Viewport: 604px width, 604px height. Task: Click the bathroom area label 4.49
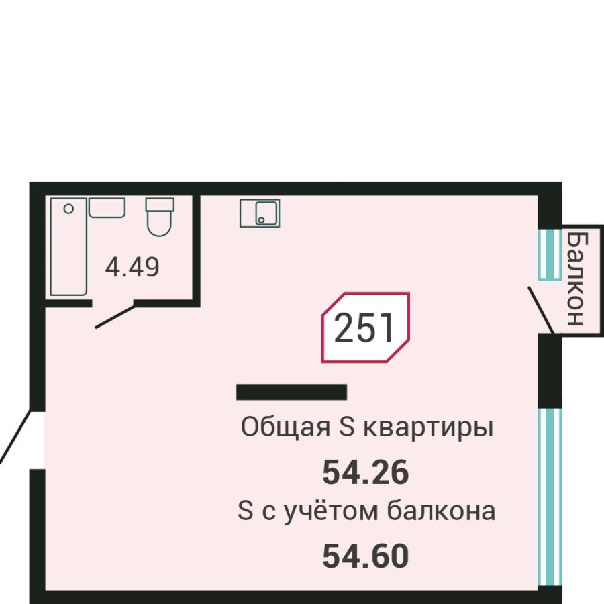pos(132,268)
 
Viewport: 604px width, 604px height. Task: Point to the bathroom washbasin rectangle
pos(107,207)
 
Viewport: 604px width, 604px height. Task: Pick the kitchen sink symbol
pos(260,213)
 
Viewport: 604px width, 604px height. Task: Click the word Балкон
pos(576,278)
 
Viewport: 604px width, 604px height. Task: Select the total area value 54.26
pos(365,473)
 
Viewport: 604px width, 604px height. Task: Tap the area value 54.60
pos(365,556)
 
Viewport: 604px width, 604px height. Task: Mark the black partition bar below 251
pos(291,392)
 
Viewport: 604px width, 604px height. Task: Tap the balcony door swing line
pos(540,309)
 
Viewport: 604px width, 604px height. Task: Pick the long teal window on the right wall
pos(550,497)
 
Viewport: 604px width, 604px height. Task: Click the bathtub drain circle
pos(67,209)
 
